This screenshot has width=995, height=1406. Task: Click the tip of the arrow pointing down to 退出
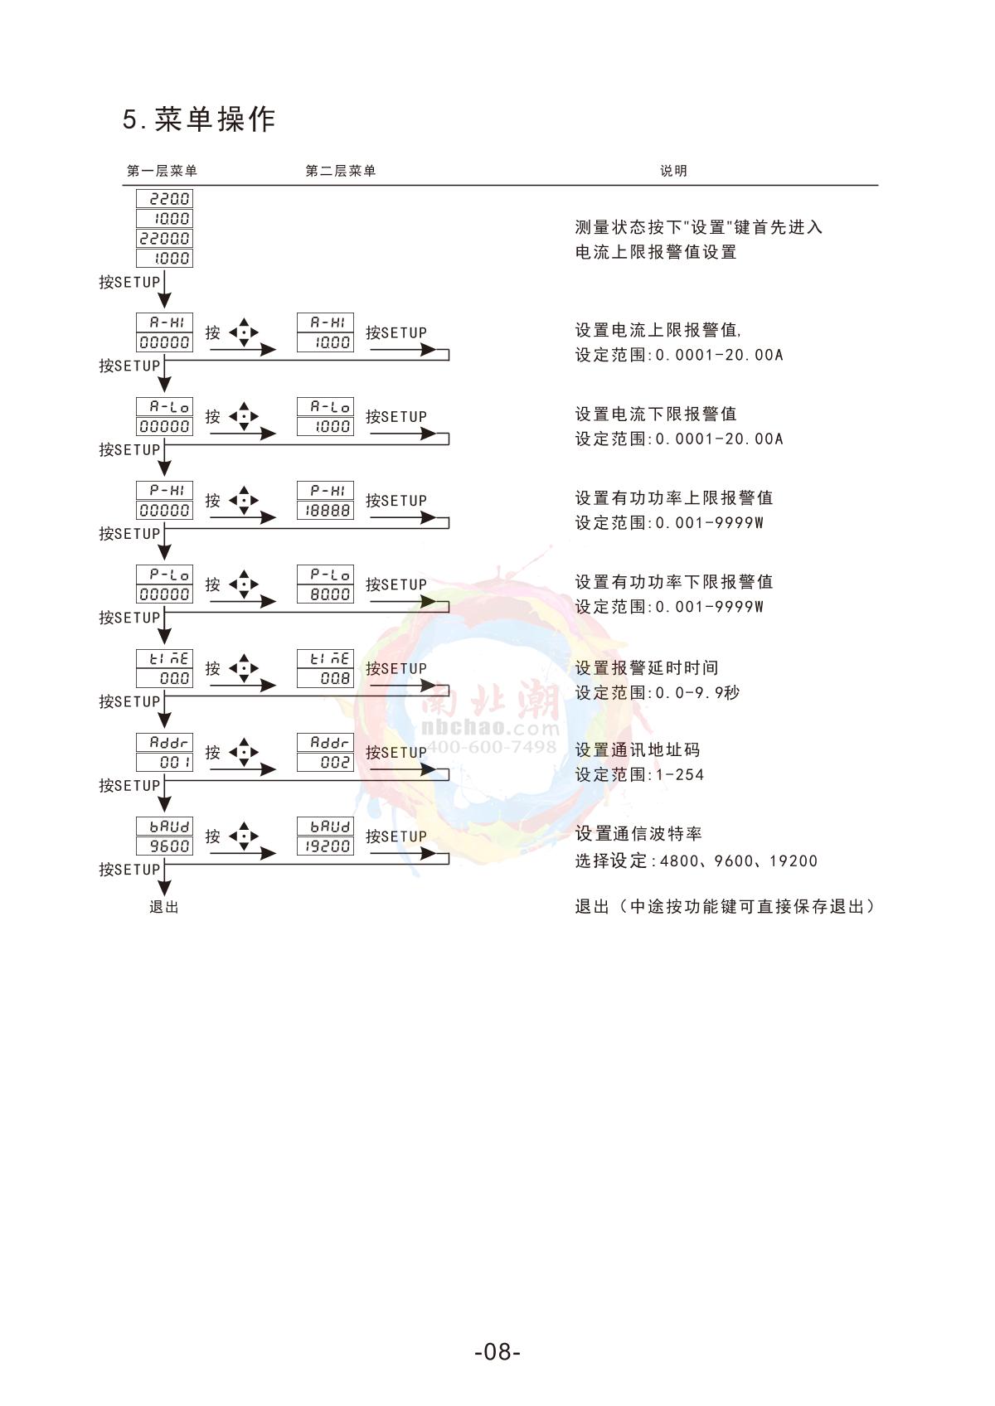click(164, 895)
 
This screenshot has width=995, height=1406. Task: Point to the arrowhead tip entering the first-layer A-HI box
click(164, 309)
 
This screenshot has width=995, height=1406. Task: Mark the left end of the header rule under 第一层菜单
click(123, 185)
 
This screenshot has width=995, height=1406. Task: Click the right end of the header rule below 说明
click(878, 185)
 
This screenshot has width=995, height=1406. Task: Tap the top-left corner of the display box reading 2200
click(136, 189)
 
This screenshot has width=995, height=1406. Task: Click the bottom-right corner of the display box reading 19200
click(353, 855)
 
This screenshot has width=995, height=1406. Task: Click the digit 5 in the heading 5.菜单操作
click(130, 119)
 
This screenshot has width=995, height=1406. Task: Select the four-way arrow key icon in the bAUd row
click(244, 836)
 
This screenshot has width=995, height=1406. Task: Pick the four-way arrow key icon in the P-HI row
click(244, 500)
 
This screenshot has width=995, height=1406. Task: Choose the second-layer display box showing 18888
click(325, 511)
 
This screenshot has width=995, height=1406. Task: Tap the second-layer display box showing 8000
click(325, 594)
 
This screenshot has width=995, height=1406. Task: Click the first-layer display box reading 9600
click(164, 846)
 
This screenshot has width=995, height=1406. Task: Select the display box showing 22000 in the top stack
click(164, 238)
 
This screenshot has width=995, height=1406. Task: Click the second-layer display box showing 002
click(325, 762)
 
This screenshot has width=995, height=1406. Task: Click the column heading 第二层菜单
click(340, 171)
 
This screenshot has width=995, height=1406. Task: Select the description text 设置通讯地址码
click(637, 749)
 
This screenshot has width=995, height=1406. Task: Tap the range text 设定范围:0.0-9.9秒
click(658, 692)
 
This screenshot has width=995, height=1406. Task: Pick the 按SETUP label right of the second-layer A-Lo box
click(396, 417)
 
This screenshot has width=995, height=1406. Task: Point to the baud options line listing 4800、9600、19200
click(696, 861)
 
